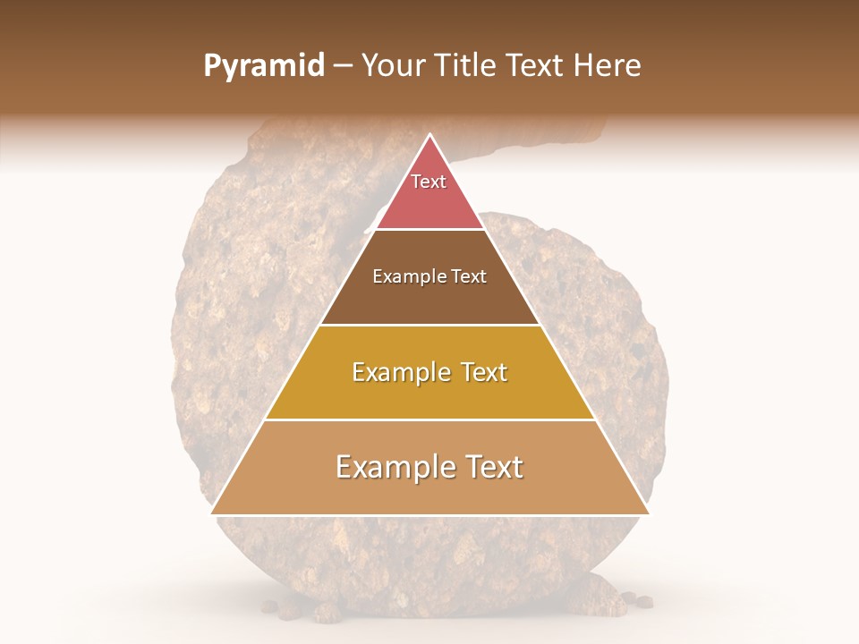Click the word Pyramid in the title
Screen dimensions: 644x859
click(263, 66)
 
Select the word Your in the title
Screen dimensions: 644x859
click(395, 66)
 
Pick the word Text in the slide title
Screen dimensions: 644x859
click(538, 66)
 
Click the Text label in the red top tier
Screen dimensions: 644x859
click(429, 182)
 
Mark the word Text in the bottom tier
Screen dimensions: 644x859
click(492, 467)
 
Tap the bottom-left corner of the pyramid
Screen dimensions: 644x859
click(212, 513)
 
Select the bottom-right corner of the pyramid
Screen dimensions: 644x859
click(649, 513)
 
